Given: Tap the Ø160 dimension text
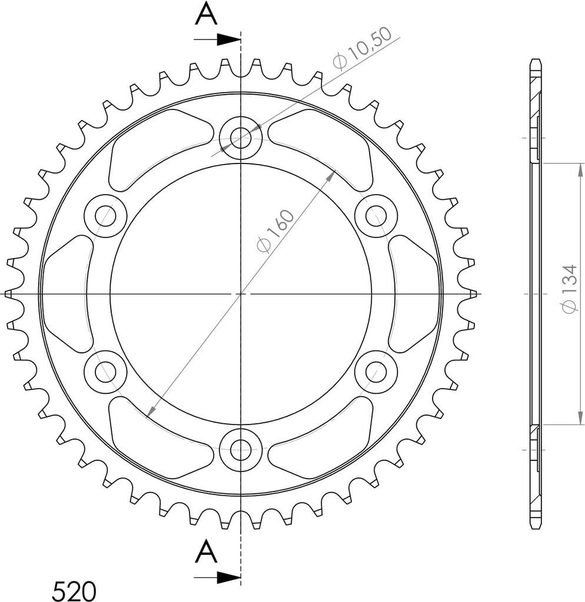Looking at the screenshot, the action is pos(275,231).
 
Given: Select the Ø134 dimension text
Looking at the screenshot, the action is pos(569,288).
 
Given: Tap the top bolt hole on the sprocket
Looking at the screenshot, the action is pos(241,138).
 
